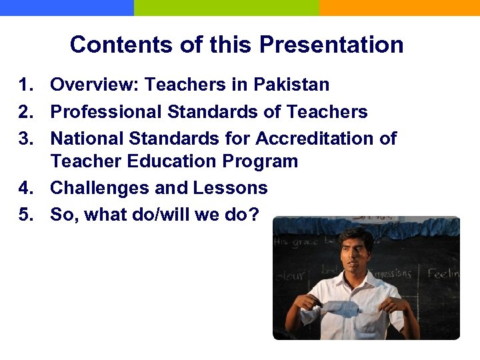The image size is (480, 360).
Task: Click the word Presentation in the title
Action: (x=331, y=45)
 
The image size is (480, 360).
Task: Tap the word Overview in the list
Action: (x=91, y=85)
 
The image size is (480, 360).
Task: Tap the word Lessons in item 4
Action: (x=230, y=188)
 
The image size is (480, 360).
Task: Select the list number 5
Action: (x=26, y=215)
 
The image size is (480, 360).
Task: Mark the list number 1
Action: (x=26, y=85)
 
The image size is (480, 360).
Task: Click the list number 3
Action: (x=26, y=138)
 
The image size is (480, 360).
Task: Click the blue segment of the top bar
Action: (x=67, y=7)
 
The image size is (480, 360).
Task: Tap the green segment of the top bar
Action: (x=227, y=7)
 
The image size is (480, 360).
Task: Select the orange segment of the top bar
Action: (x=400, y=7)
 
